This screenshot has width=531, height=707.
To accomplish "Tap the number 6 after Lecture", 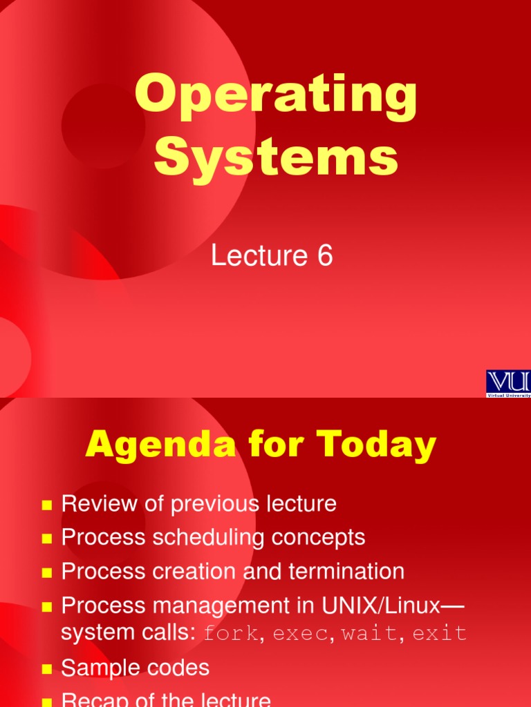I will (325, 256).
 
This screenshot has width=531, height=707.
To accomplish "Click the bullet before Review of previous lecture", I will (47, 505).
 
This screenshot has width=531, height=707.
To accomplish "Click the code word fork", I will (231, 633).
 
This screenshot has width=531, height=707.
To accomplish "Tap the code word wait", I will (366, 633).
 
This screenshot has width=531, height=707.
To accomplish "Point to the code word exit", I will (440, 633).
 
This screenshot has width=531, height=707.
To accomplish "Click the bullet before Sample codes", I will (47, 669).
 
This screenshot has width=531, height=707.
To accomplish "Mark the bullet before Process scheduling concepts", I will (47, 539).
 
